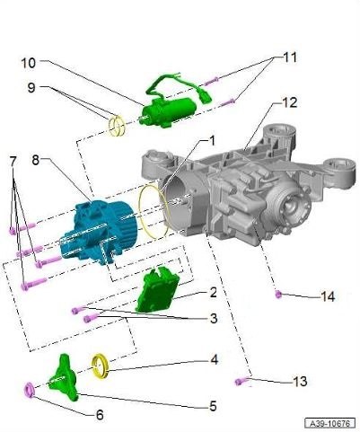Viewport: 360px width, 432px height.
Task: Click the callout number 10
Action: [x=29, y=63]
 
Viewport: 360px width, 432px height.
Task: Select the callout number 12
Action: [x=289, y=103]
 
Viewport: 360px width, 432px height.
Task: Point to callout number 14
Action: [x=327, y=295]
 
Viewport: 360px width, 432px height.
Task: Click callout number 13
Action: [x=300, y=382]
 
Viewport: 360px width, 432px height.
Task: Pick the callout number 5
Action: [x=214, y=405]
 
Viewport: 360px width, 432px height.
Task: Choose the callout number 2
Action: [x=213, y=293]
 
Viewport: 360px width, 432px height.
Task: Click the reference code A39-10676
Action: [x=329, y=422]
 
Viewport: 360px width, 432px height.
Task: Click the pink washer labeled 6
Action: [x=30, y=390]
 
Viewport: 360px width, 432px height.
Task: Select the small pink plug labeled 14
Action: [x=278, y=295]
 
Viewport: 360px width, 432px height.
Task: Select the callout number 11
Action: [x=289, y=57]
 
